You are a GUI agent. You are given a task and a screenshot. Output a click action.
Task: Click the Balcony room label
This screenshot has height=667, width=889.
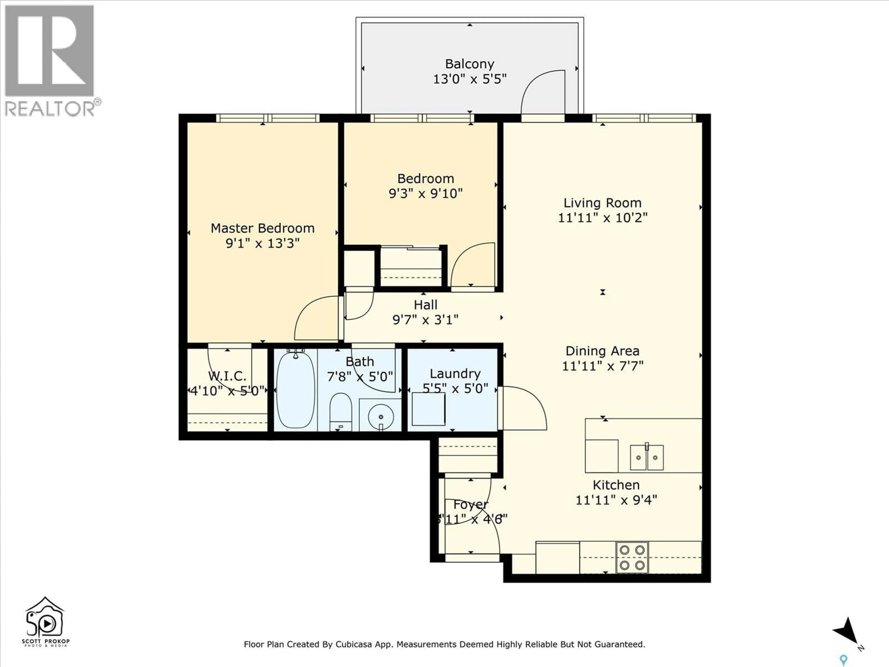(470, 64)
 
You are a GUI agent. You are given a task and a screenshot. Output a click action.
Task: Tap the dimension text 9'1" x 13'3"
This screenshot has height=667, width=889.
(263, 243)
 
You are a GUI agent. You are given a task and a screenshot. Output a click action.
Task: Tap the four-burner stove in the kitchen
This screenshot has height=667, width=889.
(632, 557)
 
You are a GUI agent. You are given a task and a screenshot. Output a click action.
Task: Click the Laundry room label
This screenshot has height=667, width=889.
(455, 374)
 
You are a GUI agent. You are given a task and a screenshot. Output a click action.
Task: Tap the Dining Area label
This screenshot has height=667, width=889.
(602, 351)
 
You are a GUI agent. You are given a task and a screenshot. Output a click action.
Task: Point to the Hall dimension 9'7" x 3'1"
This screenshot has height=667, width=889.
(425, 320)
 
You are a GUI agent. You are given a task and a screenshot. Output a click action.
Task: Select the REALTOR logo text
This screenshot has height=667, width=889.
(50, 109)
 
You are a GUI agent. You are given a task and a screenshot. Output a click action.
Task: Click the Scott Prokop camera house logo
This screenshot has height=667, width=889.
(45, 618)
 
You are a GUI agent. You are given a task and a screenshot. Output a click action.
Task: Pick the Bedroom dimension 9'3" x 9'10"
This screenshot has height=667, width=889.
(425, 194)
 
